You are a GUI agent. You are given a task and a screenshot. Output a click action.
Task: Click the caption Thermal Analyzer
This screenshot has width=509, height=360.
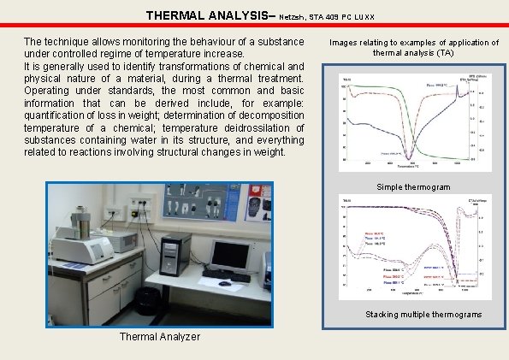pos(161,336)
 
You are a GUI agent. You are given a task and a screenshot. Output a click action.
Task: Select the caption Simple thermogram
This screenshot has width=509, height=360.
pos(412,186)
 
